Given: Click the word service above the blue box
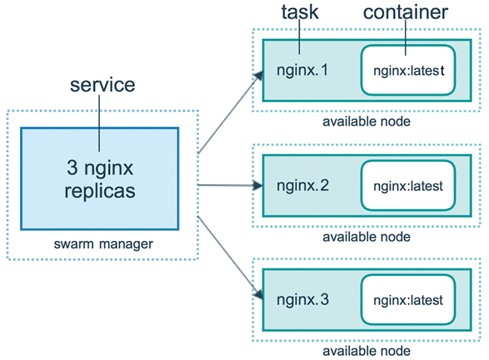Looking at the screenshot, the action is [103, 85].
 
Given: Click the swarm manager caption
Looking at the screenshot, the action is [103, 244].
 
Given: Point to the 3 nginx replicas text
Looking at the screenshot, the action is [100, 179].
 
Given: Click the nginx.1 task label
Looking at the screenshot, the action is [302, 70].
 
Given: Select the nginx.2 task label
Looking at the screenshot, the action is [303, 186].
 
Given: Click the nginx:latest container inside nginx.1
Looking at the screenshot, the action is [408, 70].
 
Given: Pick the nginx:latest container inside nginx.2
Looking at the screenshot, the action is [408, 185].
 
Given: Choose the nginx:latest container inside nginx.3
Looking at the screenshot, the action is [408, 300].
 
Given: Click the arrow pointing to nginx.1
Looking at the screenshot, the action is [230, 112].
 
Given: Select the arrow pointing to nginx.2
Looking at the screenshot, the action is [230, 185].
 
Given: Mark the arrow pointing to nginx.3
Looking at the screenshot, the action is [230, 258].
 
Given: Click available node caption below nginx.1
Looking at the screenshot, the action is [366, 122].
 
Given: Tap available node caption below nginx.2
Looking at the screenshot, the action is [366, 237].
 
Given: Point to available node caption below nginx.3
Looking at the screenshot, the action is [366, 351].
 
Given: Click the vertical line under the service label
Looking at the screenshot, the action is [99, 123].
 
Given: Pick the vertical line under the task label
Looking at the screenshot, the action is [299, 37].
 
